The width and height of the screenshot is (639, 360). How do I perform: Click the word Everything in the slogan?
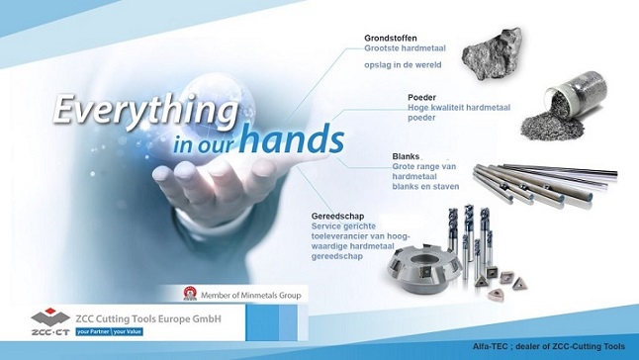click(x=145, y=111)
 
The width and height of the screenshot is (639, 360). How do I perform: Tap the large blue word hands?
click(x=291, y=138)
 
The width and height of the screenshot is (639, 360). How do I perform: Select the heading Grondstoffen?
click(x=391, y=39)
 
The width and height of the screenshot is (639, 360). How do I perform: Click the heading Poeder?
click(x=421, y=97)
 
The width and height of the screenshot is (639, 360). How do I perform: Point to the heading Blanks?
click(x=406, y=156)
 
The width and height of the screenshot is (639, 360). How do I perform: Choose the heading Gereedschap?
click(x=337, y=217)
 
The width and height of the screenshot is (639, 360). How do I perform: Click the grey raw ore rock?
click(x=492, y=53)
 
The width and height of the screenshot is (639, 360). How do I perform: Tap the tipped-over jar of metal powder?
click(x=565, y=107)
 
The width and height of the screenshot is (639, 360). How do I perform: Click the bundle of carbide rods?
click(x=545, y=183)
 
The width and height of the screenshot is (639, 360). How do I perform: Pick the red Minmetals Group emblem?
click(x=190, y=294)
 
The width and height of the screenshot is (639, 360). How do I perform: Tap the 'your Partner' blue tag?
click(x=93, y=332)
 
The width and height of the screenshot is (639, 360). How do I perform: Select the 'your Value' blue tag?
click(x=128, y=332)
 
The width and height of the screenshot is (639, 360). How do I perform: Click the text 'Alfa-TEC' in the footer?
click(x=491, y=346)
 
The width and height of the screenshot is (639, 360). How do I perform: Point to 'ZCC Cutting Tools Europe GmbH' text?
click(x=148, y=318)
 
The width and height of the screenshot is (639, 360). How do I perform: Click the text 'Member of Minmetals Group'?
click(x=251, y=296)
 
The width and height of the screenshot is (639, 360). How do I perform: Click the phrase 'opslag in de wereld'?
click(x=403, y=65)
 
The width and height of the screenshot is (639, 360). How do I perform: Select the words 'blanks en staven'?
click(x=425, y=187)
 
